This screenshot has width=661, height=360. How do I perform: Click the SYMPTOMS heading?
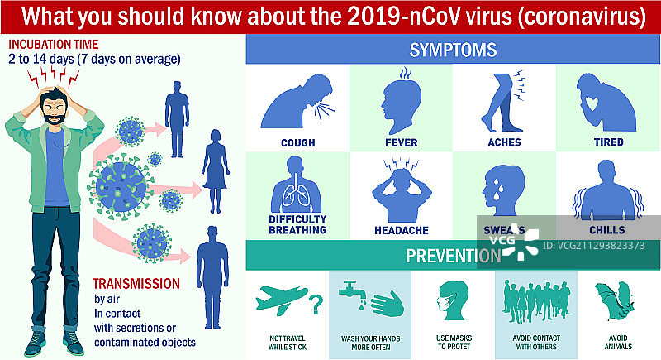point(453,50)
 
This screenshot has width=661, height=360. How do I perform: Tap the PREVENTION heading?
point(453,255)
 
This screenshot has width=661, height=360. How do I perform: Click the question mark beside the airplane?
point(314,305)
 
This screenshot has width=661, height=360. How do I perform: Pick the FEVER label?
point(401,142)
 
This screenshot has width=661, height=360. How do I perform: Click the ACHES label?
point(504,142)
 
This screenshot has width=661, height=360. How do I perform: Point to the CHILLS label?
point(607,230)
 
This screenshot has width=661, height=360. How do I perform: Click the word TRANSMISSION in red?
point(136,283)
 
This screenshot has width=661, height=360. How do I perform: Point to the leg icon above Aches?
point(506,103)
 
